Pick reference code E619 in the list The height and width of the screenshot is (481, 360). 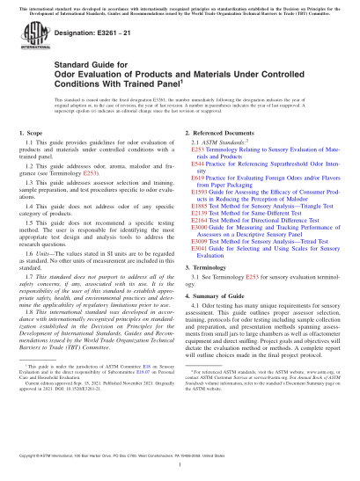click(195, 177)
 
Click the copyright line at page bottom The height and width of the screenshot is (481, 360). click(180, 470)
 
